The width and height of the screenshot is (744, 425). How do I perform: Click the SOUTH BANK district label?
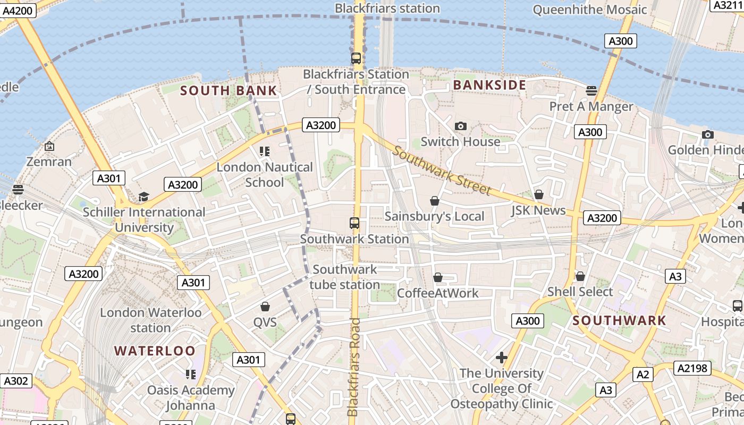[x=229, y=90]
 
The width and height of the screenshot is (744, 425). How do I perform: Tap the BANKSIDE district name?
[x=489, y=85]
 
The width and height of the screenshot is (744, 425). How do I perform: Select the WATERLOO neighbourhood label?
[x=155, y=351]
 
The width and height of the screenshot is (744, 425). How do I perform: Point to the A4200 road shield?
[x=17, y=10]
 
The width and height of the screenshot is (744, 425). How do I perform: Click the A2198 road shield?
[x=692, y=368]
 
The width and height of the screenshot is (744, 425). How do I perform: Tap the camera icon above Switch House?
[x=461, y=126]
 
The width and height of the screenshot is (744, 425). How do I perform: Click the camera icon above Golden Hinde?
[x=707, y=134]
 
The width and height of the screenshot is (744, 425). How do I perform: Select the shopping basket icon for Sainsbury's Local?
[x=435, y=201]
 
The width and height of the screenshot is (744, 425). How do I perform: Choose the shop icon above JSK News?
[x=539, y=194]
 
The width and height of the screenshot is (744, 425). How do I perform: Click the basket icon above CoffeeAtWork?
[x=438, y=277]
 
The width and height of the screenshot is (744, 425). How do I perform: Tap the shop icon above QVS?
[x=265, y=307]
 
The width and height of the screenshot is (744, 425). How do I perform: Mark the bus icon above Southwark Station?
[x=354, y=223]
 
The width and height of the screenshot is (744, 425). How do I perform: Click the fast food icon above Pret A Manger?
[x=591, y=90]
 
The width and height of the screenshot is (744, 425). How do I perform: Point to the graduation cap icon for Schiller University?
[x=143, y=197]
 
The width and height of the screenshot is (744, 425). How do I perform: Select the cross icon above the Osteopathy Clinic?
[x=501, y=357]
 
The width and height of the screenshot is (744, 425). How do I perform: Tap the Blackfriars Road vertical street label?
[x=353, y=367]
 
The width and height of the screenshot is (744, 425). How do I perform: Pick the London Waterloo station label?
[x=151, y=320]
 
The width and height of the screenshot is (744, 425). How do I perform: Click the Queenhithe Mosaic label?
[x=590, y=10]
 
